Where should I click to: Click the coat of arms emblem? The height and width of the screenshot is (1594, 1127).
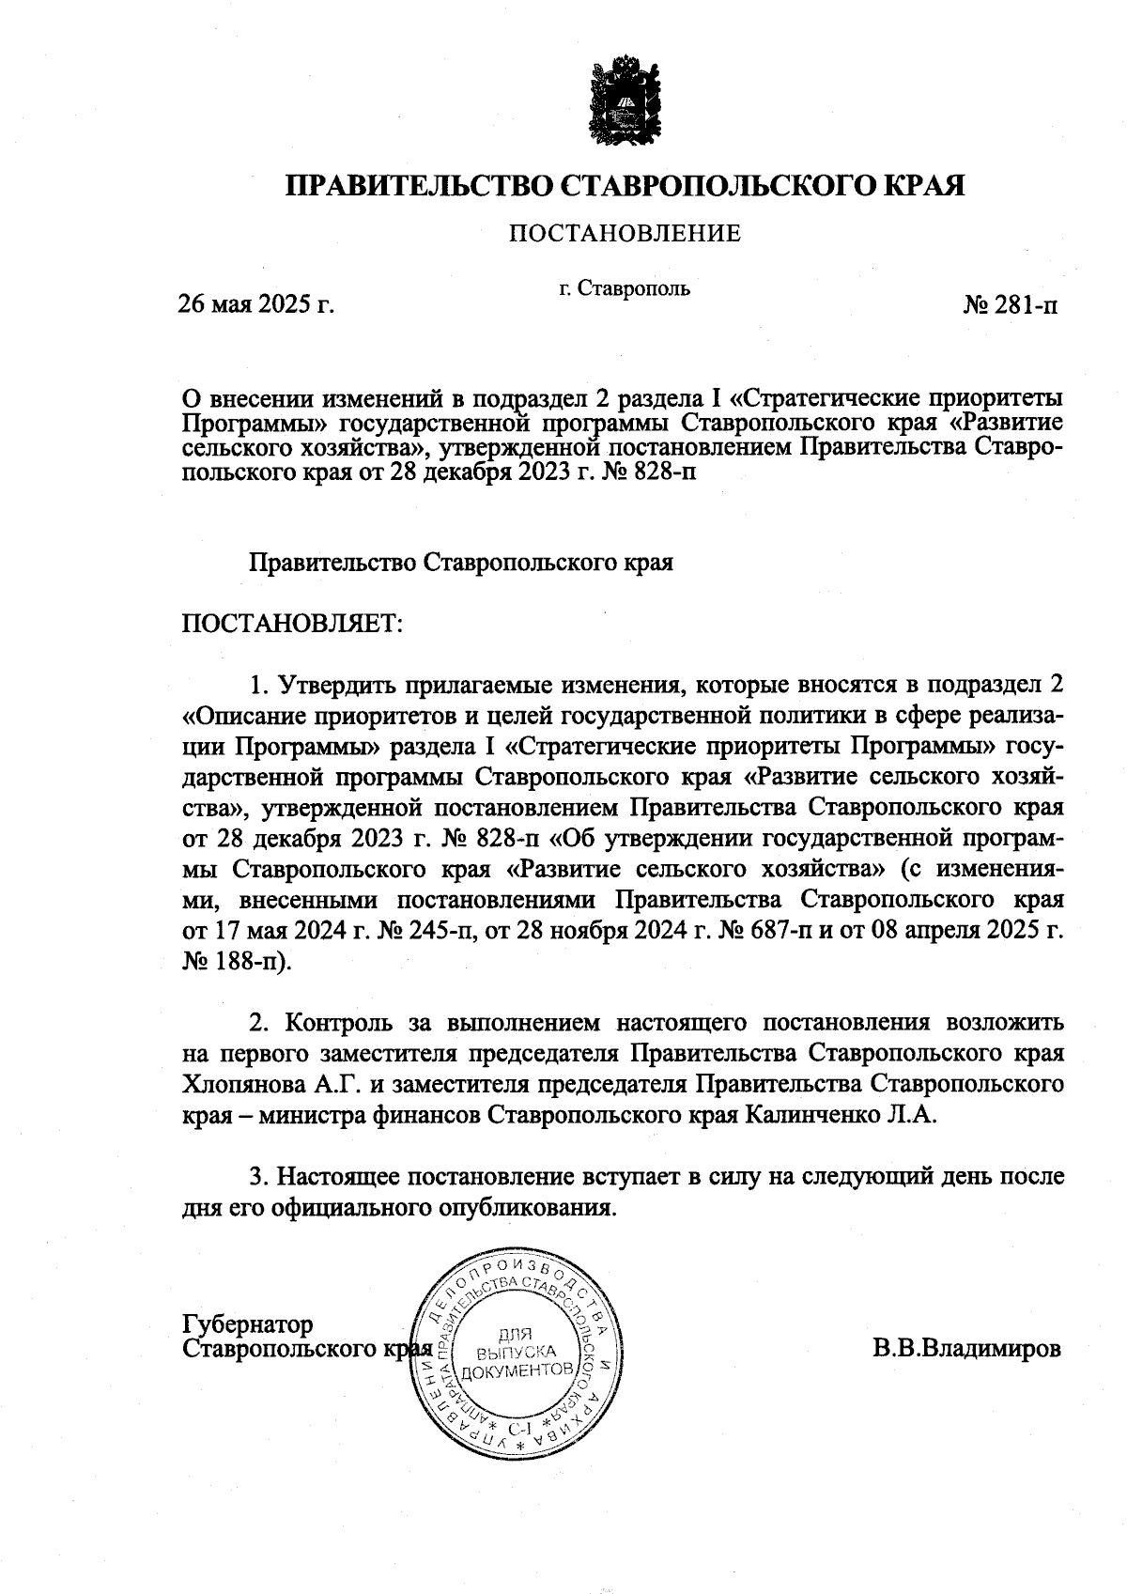(625, 100)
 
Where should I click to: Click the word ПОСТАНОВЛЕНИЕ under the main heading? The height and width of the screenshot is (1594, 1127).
(625, 233)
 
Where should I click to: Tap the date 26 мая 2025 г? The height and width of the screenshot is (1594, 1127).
(256, 304)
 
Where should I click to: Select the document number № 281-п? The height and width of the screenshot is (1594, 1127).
(1011, 304)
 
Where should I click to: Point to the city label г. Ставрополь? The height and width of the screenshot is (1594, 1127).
(625, 287)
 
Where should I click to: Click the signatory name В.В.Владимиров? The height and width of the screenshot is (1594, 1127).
(968, 1350)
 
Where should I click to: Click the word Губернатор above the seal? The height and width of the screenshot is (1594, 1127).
(247, 1324)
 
